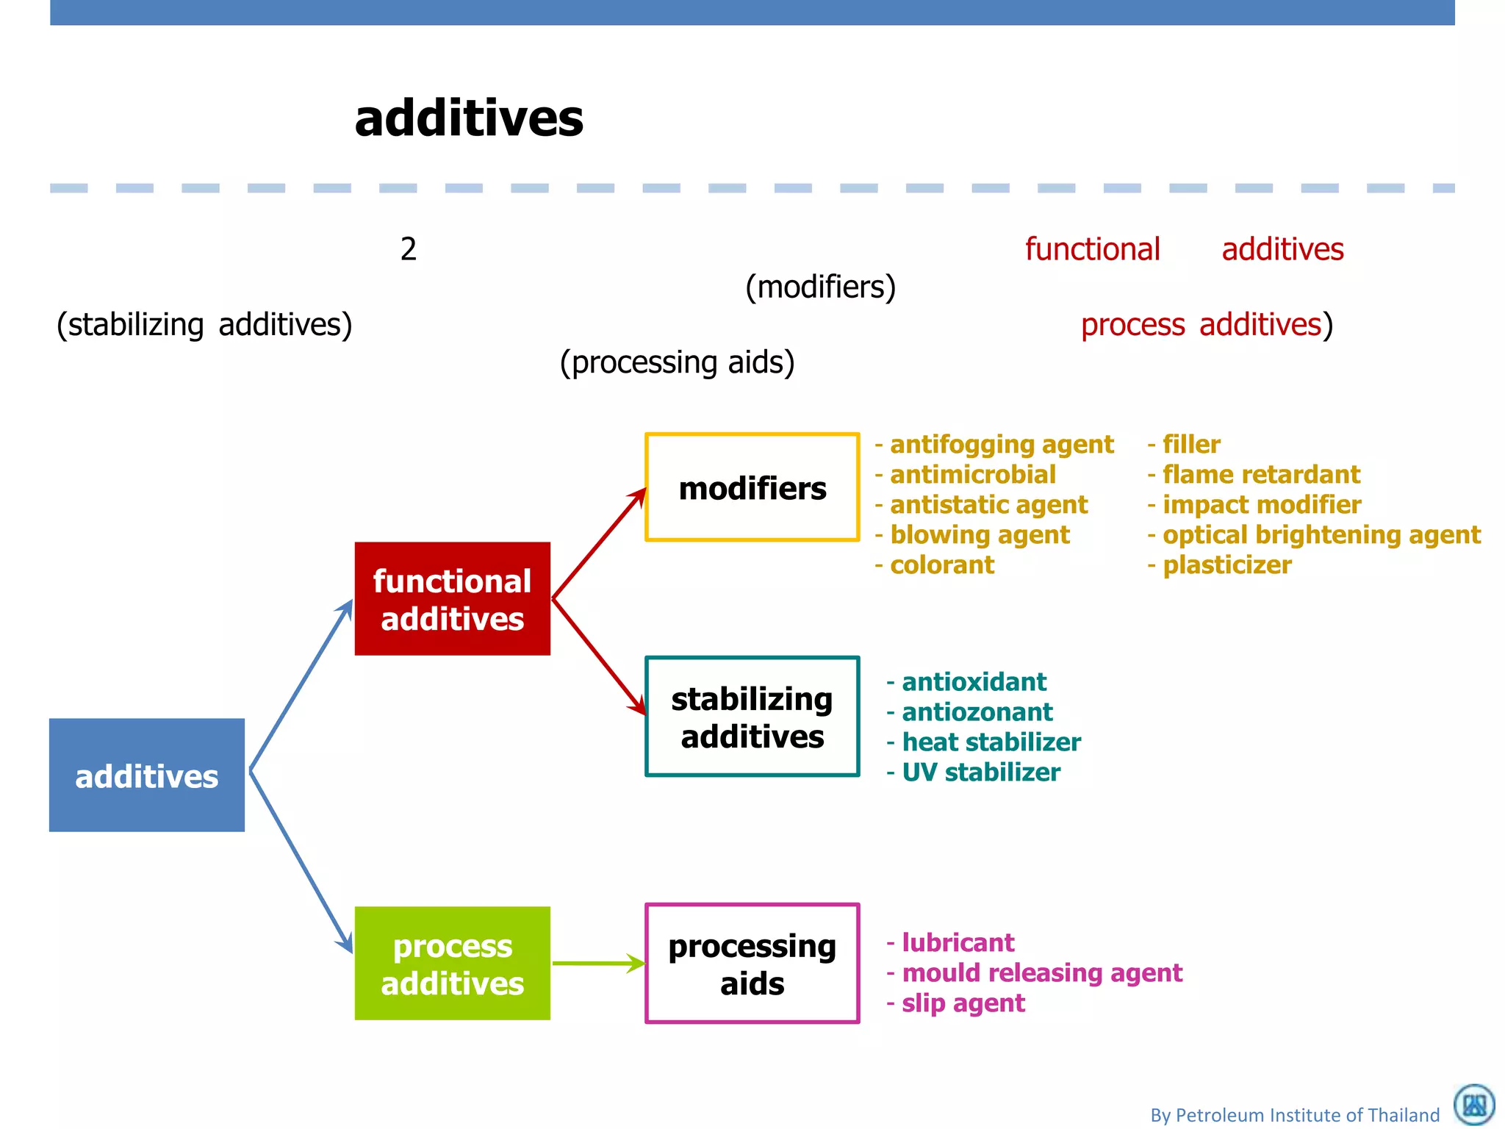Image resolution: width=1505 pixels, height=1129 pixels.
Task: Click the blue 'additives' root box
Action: point(146,775)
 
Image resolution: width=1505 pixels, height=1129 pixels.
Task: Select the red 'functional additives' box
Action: point(452,598)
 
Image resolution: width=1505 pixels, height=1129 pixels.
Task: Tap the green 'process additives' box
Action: point(452,963)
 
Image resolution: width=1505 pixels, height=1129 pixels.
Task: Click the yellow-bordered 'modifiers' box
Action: point(752,487)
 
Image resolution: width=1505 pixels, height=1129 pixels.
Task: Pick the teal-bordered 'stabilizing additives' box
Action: point(752,717)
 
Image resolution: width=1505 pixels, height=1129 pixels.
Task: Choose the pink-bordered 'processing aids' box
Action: point(752,963)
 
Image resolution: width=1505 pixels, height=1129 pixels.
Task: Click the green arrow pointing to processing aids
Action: point(597,963)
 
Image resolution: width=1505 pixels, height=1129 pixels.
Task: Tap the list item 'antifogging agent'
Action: point(1001,445)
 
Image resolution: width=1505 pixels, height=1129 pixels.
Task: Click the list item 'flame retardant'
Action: point(1260,475)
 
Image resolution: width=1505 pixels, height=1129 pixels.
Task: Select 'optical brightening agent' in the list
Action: point(1321,535)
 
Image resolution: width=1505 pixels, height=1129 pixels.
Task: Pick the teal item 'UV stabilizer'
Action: point(980,773)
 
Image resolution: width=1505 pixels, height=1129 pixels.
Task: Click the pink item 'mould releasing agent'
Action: point(1041,973)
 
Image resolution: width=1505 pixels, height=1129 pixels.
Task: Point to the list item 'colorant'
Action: point(941,565)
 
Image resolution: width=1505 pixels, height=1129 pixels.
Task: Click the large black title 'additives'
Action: point(469,118)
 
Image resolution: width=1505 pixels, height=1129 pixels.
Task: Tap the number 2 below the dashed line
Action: point(409,250)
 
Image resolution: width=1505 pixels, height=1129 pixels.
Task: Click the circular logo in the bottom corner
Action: point(1473,1104)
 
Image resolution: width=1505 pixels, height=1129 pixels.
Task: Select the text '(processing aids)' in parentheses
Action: point(677,362)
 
